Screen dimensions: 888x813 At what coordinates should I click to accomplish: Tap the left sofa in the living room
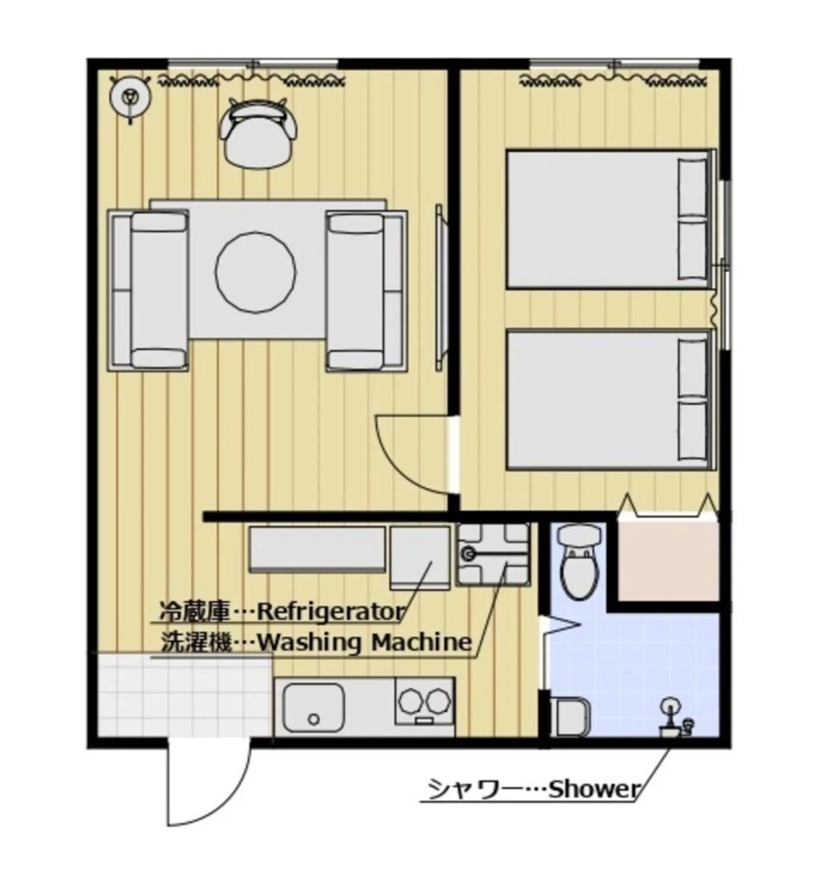(148, 291)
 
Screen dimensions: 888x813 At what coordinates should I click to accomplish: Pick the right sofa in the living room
(366, 291)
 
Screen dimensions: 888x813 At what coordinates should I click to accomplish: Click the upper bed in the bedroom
(609, 219)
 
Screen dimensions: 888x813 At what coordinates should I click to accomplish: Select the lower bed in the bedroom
(609, 400)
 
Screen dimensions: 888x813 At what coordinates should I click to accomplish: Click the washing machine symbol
(492, 554)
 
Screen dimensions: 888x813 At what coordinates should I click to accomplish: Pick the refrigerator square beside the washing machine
(420, 556)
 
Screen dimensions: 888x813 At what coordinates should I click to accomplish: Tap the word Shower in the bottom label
(595, 790)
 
